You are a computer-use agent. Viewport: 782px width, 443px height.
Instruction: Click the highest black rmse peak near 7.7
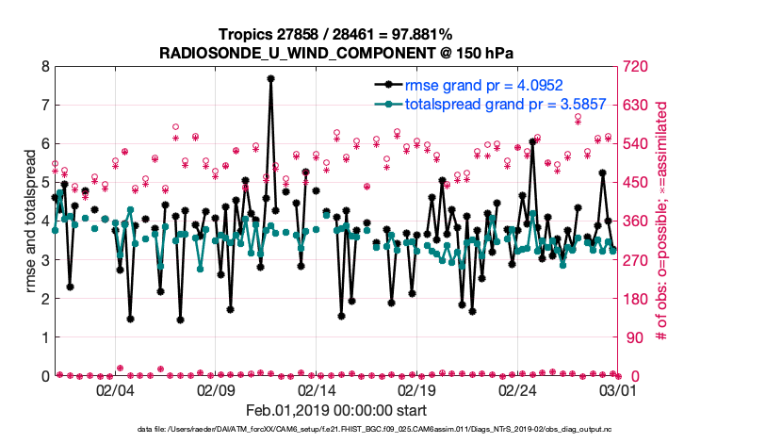pyautogui.click(x=270, y=79)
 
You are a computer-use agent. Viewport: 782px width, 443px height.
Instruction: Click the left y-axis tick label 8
pyautogui.click(x=44, y=67)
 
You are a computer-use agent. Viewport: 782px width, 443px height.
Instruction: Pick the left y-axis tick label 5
pyautogui.click(x=44, y=183)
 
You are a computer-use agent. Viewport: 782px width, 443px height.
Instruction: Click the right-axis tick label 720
pyautogui.click(x=633, y=67)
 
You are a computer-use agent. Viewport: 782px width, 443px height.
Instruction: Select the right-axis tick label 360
pyautogui.click(x=633, y=221)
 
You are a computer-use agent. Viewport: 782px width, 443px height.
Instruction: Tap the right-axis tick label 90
pyautogui.click(x=630, y=337)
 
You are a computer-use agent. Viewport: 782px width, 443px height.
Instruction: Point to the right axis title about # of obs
pyautogui.click(x=660, y=221)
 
